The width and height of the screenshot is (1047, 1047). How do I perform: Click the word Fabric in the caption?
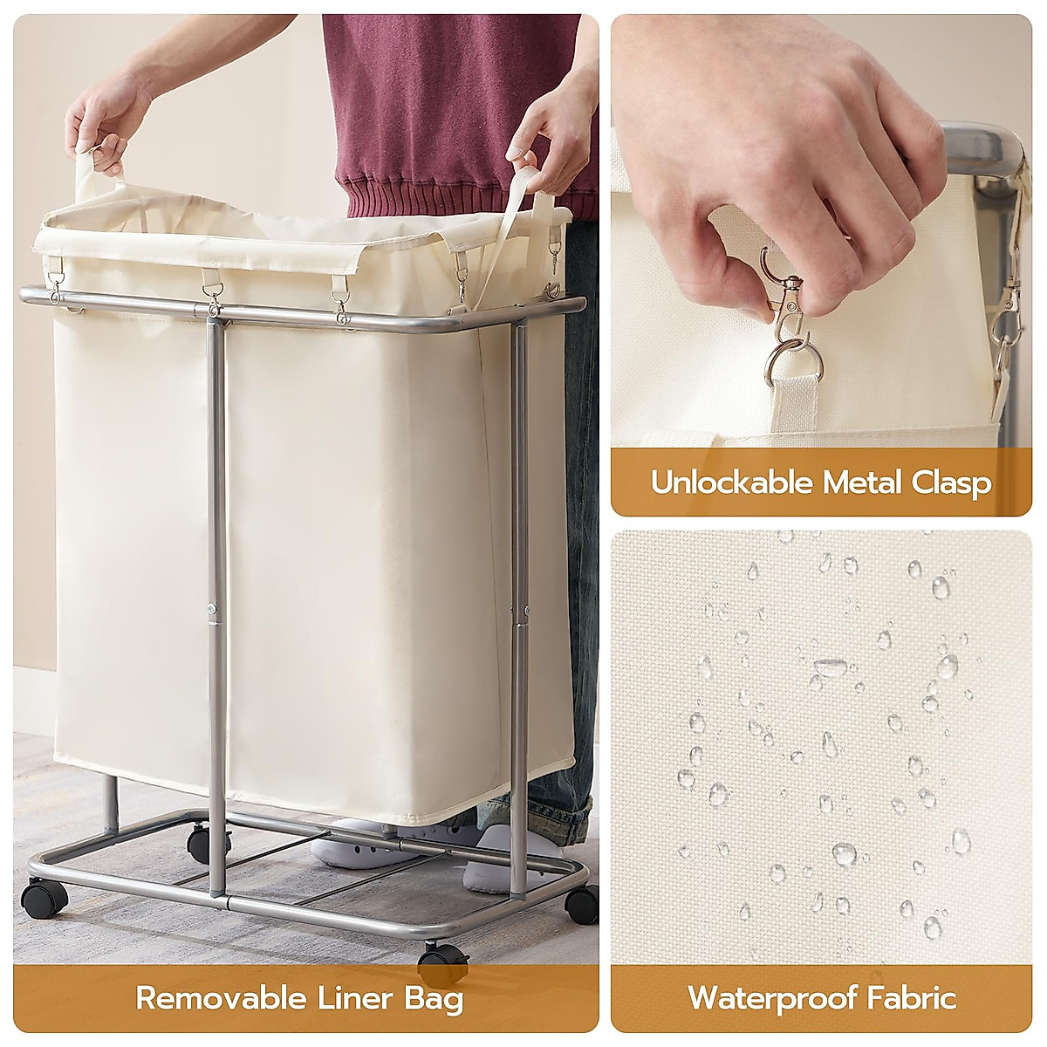911,996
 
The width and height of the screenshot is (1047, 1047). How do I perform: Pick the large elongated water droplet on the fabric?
828,667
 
